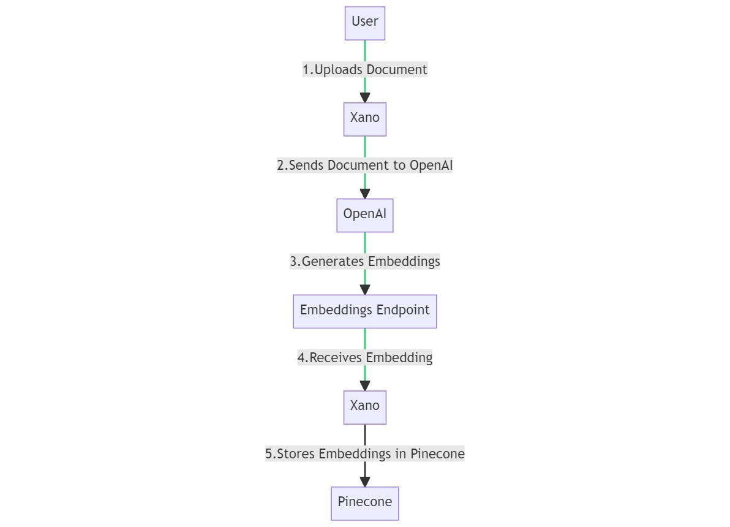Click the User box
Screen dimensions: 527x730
[365, 23]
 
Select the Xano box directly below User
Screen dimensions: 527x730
[365, 119]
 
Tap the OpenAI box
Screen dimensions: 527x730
[365, 215]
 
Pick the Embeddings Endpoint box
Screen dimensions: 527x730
[365, 311]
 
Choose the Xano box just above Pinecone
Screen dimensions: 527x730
[365, 407]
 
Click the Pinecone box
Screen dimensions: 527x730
[365, 503]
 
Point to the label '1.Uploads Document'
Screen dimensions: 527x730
[365, 70]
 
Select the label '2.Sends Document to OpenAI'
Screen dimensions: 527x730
[365, 165]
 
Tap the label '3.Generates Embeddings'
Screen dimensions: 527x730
[365, 262]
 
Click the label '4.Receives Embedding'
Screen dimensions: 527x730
[365, 358]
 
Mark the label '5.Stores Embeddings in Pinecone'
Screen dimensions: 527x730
[365, 454]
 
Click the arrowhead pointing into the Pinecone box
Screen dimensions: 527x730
[365, 482]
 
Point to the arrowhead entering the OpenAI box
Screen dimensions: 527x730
[365, 194]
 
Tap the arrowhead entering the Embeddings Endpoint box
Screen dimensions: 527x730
[365, 289]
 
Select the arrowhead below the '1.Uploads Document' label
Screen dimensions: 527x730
[365, 97]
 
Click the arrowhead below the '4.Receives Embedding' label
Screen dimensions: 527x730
[365, 385]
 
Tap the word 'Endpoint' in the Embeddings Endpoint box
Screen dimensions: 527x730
[403, 310]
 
